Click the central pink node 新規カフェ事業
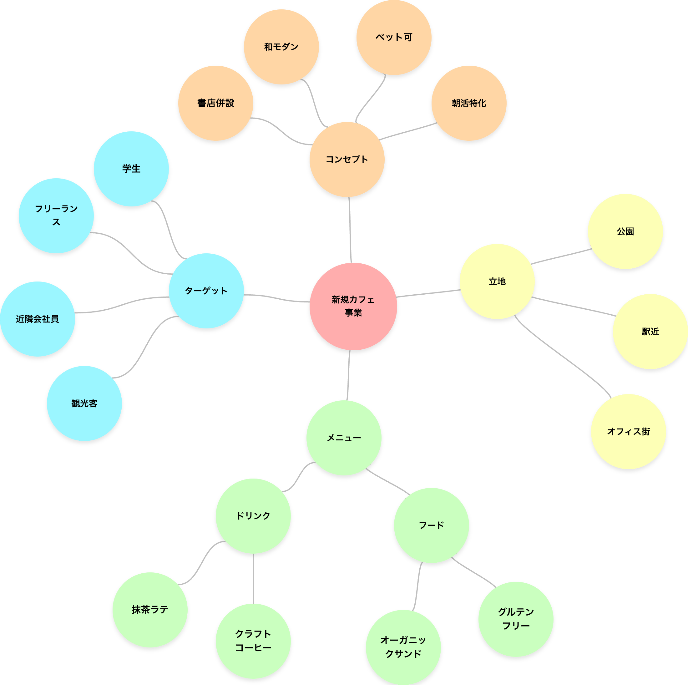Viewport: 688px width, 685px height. click(353, 306)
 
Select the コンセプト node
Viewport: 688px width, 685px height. click(347, 159)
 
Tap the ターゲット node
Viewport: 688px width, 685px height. click(206, 291)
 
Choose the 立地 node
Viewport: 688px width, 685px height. click(497, 282)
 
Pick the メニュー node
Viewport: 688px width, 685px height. click(344, 438)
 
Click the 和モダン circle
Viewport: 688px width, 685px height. click(281, 47)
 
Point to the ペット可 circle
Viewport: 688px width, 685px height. click(394, 38)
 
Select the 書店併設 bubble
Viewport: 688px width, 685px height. click(216, 103)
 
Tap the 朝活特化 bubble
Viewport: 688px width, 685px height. click(469, 103)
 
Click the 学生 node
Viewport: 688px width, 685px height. click(131, 169)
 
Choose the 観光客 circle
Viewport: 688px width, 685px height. click(84, 403)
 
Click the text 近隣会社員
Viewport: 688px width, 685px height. click(38, 319)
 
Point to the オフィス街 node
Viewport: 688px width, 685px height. click(629, 431)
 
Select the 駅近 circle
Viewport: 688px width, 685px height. click(650, 331)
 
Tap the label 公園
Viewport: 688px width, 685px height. click(625, 231)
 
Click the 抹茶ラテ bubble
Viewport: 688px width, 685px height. click(150, 610)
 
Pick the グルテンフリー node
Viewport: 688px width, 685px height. click(516, 619)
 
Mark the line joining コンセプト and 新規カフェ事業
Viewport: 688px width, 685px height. click(350, 230)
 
